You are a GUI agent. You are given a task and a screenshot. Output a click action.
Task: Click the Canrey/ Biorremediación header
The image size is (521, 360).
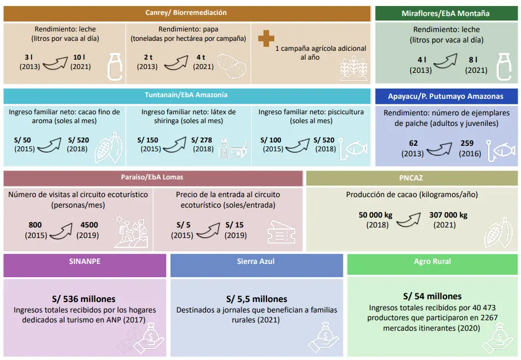(186, 13)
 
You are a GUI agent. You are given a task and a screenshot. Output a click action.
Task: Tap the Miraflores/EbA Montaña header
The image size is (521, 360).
(445, 13)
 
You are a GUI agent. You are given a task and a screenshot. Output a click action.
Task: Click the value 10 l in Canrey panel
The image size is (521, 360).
(79, 57)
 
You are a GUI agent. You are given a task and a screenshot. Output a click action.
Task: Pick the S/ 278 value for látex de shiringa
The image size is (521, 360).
(201, 140)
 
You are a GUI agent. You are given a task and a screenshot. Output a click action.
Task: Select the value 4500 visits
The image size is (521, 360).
(89, 225)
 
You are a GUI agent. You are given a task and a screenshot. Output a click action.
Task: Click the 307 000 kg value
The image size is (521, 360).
(448, 215)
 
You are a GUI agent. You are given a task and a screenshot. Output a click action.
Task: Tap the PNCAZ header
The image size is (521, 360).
(411, 178)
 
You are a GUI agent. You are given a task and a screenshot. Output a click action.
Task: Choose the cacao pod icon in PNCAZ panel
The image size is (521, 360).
(498, 232)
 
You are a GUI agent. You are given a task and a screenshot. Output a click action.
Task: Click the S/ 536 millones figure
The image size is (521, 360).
(84, 299)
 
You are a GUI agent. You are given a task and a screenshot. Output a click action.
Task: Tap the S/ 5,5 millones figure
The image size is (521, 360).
(256, 299)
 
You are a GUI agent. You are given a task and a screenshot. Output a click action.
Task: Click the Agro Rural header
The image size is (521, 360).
(432, 261)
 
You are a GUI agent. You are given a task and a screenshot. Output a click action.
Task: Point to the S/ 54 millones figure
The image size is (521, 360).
(432, 296)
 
